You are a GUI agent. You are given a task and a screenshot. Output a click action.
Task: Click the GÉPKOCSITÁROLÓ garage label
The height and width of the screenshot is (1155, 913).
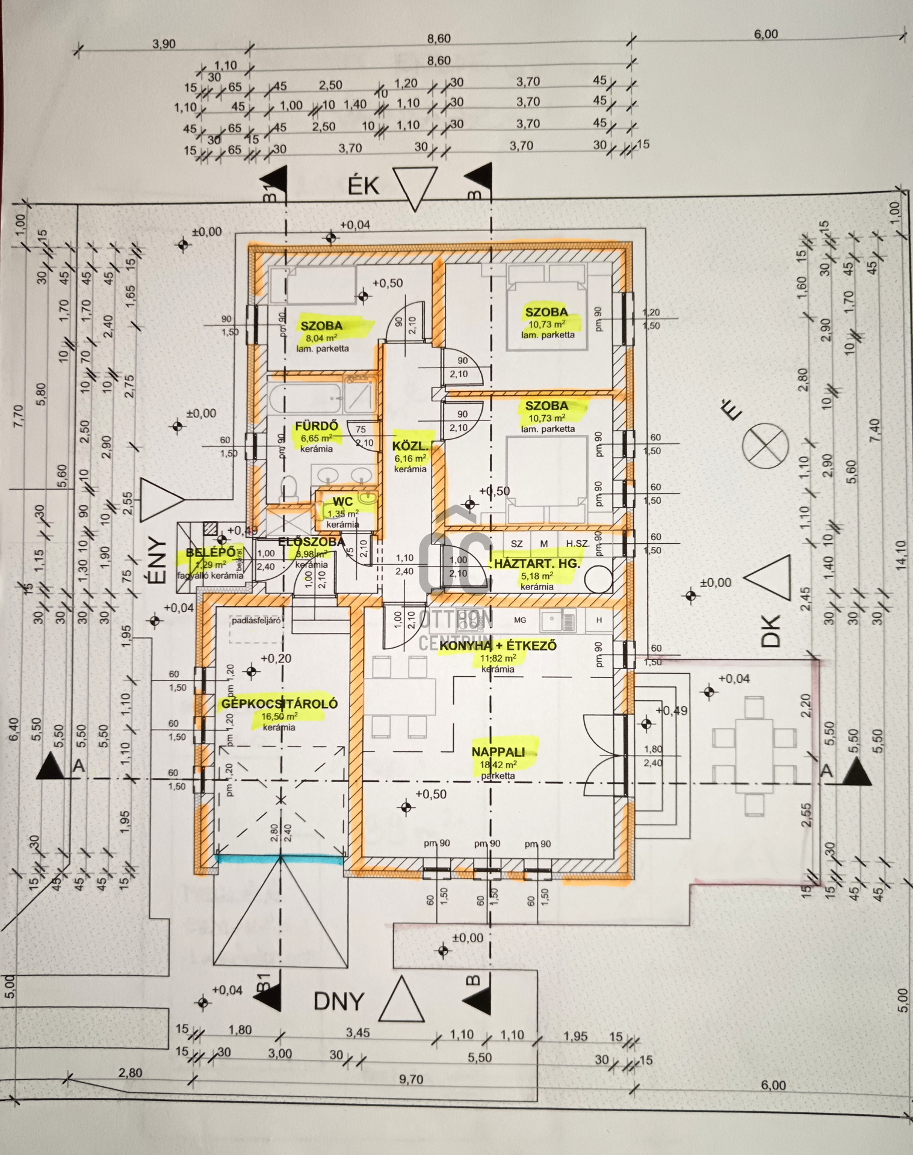point(279,703)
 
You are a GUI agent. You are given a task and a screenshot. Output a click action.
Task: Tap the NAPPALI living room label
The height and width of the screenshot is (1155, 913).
point(498,751)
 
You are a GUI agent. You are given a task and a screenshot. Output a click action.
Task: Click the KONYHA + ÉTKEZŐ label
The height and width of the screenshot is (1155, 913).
point(498,646)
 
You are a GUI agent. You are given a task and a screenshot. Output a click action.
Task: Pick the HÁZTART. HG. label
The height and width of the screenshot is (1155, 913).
point(537,564)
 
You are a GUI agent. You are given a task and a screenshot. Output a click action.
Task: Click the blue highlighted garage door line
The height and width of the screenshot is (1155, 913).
point(280,860)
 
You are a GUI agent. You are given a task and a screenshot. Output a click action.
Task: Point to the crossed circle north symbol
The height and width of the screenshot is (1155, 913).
point(765,445)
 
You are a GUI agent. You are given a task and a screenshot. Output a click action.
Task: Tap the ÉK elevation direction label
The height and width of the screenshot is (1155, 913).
point(364,186)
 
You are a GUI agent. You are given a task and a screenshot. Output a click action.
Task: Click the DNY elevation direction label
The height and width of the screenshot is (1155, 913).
point(339,1000)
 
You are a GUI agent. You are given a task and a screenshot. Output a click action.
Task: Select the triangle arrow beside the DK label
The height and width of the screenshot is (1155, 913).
point(767,577)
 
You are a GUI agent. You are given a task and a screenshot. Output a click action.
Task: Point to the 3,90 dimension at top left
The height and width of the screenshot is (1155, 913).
point(164,44)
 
